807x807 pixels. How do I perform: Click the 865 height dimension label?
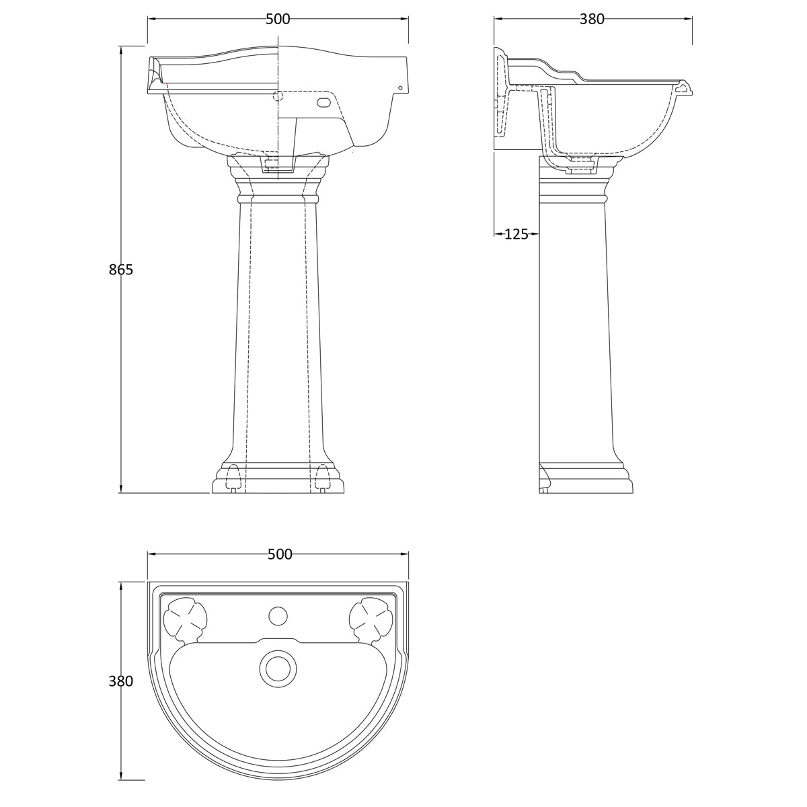120,270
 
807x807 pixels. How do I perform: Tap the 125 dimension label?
516,234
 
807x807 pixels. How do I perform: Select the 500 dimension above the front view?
278,19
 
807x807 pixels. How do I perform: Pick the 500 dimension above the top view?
279,554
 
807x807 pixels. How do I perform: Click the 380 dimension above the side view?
592,19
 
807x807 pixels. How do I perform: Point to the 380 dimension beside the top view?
120,681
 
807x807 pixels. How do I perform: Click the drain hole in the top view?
277,668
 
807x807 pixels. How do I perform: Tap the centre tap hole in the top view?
277,616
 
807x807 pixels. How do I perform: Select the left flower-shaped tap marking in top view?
185,619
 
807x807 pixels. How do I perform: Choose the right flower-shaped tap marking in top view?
371,619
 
